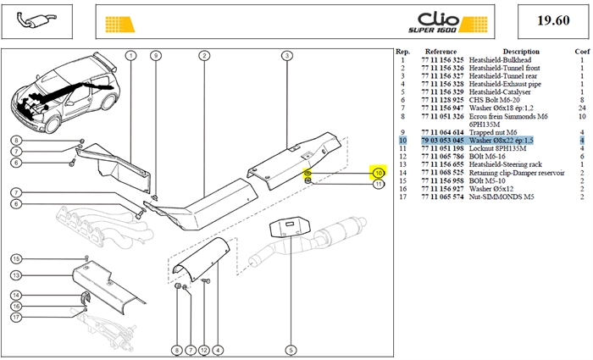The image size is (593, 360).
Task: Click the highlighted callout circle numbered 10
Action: [378, 173]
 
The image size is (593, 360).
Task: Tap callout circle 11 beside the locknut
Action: [378, 184]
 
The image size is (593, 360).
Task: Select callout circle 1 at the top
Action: [130, 56]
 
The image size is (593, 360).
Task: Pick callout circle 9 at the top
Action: [155, 56]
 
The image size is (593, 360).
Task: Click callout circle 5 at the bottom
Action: [291, 350]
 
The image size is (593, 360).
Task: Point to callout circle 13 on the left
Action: [16, 275]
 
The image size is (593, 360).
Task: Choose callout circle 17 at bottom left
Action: [16, 317]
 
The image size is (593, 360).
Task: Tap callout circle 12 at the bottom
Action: [204, 350]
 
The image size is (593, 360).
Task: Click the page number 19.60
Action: [553, 20]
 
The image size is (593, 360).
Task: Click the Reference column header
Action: [441, 52]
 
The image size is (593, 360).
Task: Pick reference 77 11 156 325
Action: [442, 60]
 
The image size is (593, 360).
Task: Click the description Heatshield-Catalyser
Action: [500, 91]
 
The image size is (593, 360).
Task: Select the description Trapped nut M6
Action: [493, 132]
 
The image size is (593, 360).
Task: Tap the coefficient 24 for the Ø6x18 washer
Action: [582, 108]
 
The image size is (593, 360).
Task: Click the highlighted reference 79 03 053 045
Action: [442, 141]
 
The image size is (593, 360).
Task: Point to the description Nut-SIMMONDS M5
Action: [502, 197]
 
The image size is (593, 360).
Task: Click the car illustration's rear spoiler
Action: [105, 61]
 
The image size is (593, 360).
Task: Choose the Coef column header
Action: [582, 52]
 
